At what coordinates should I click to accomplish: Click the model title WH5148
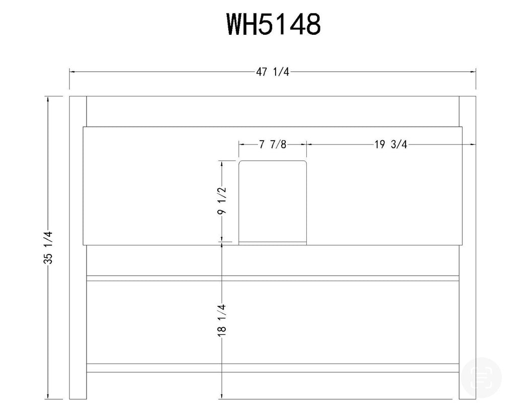click(x=274, y=24)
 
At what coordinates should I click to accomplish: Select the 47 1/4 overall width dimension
click(x=273, y=72)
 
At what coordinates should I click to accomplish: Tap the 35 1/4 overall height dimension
click(x=48, y=248)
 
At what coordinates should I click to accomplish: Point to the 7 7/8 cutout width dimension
click(x=273, y=144)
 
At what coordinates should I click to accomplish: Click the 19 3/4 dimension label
click(x=391, y=144)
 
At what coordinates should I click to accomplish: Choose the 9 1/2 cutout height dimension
click(x=222, y=200)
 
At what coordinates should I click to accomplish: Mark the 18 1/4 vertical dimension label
click(x=222, y=320)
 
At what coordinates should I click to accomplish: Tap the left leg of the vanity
click(x=78, y=247)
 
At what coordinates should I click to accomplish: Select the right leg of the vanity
click(x=467, y=247)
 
